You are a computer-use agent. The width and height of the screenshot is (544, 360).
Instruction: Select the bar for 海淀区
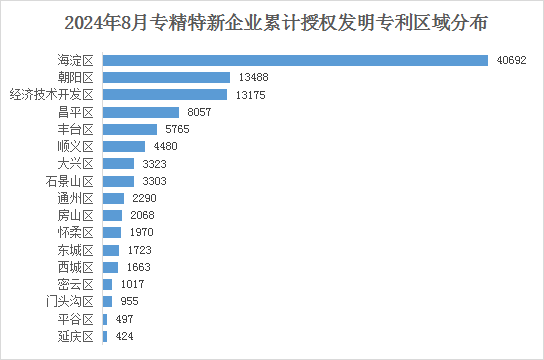295,60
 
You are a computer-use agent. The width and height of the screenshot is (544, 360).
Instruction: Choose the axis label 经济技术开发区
51,95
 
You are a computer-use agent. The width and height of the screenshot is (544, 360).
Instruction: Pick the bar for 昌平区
141,112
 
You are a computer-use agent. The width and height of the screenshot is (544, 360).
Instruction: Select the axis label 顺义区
76,146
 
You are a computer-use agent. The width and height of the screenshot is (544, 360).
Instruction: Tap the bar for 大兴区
118,163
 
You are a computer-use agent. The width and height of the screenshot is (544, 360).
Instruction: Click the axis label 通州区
76,198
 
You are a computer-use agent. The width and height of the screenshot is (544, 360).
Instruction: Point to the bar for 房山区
112,215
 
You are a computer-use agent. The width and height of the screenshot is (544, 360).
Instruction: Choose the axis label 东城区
76,250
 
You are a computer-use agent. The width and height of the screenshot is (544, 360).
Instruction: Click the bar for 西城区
110,267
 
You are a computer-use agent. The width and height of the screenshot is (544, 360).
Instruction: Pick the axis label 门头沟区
70,302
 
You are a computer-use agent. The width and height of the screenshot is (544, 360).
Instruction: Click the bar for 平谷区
105,319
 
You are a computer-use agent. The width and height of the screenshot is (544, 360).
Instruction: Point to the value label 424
125,336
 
